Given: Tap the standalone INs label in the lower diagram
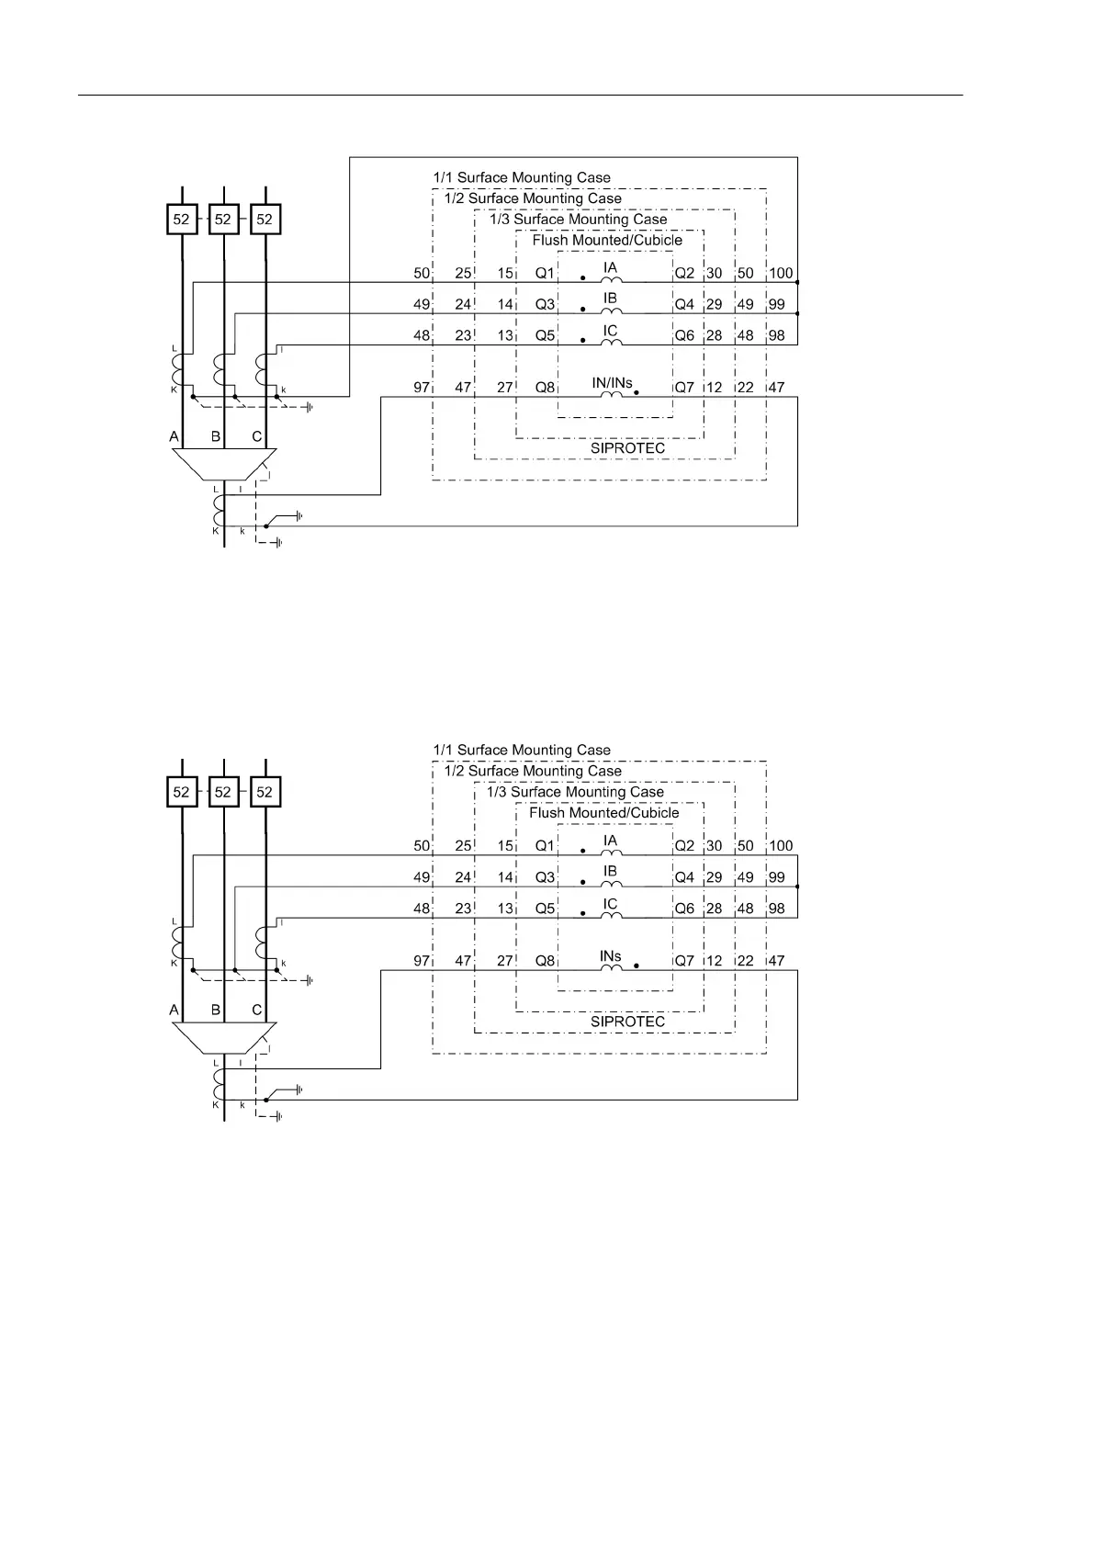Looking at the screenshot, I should [x=611, y=955].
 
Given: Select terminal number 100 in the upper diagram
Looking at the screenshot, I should [x=781, y=273].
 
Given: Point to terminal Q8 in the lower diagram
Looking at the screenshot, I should [x=546, y=961].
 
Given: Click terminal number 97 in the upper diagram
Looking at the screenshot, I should [x=422, y=388].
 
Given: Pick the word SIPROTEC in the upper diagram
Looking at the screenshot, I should [x=627, y=448].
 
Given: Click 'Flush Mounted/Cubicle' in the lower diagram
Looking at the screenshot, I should [x=604, y=813].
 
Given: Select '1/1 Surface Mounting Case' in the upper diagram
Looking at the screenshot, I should [x=522, y=177].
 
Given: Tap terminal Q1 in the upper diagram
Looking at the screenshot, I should [x=546, y=273].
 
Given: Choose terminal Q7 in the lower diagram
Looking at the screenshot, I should [x=684, y=961].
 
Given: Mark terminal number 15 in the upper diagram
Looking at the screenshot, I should [x=505, y=273].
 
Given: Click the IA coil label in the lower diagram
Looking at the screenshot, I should [x=611, y=841].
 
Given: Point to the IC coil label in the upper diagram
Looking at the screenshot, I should [x=611, y=331].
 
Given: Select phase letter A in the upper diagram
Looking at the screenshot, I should [x=175, y=436].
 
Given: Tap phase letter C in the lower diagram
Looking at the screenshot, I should [x=257, y=1010].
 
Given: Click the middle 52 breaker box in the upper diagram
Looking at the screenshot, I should [x=223, y=220].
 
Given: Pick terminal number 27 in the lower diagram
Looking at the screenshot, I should [x=505, y=961].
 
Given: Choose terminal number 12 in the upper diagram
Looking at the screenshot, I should [x=715, y=388].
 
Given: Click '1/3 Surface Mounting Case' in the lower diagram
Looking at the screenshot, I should [x=575, y=792].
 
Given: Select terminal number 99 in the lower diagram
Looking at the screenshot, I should [x=777, y=877].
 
